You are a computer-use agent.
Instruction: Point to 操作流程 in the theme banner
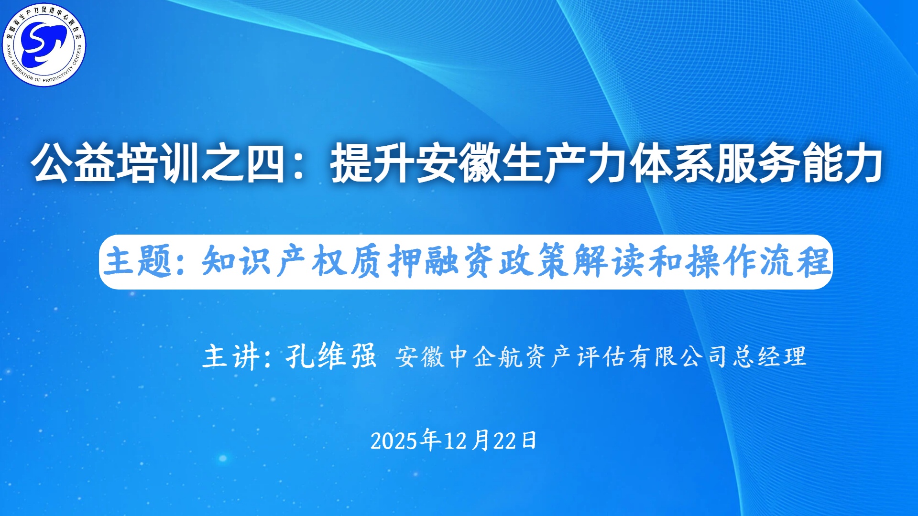pyautogui.click(x=757, y=261)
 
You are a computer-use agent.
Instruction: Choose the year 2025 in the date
pyautogui.click(x=394, y=441)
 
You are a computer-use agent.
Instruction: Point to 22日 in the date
pyautogui.click(x=514, y=441)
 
